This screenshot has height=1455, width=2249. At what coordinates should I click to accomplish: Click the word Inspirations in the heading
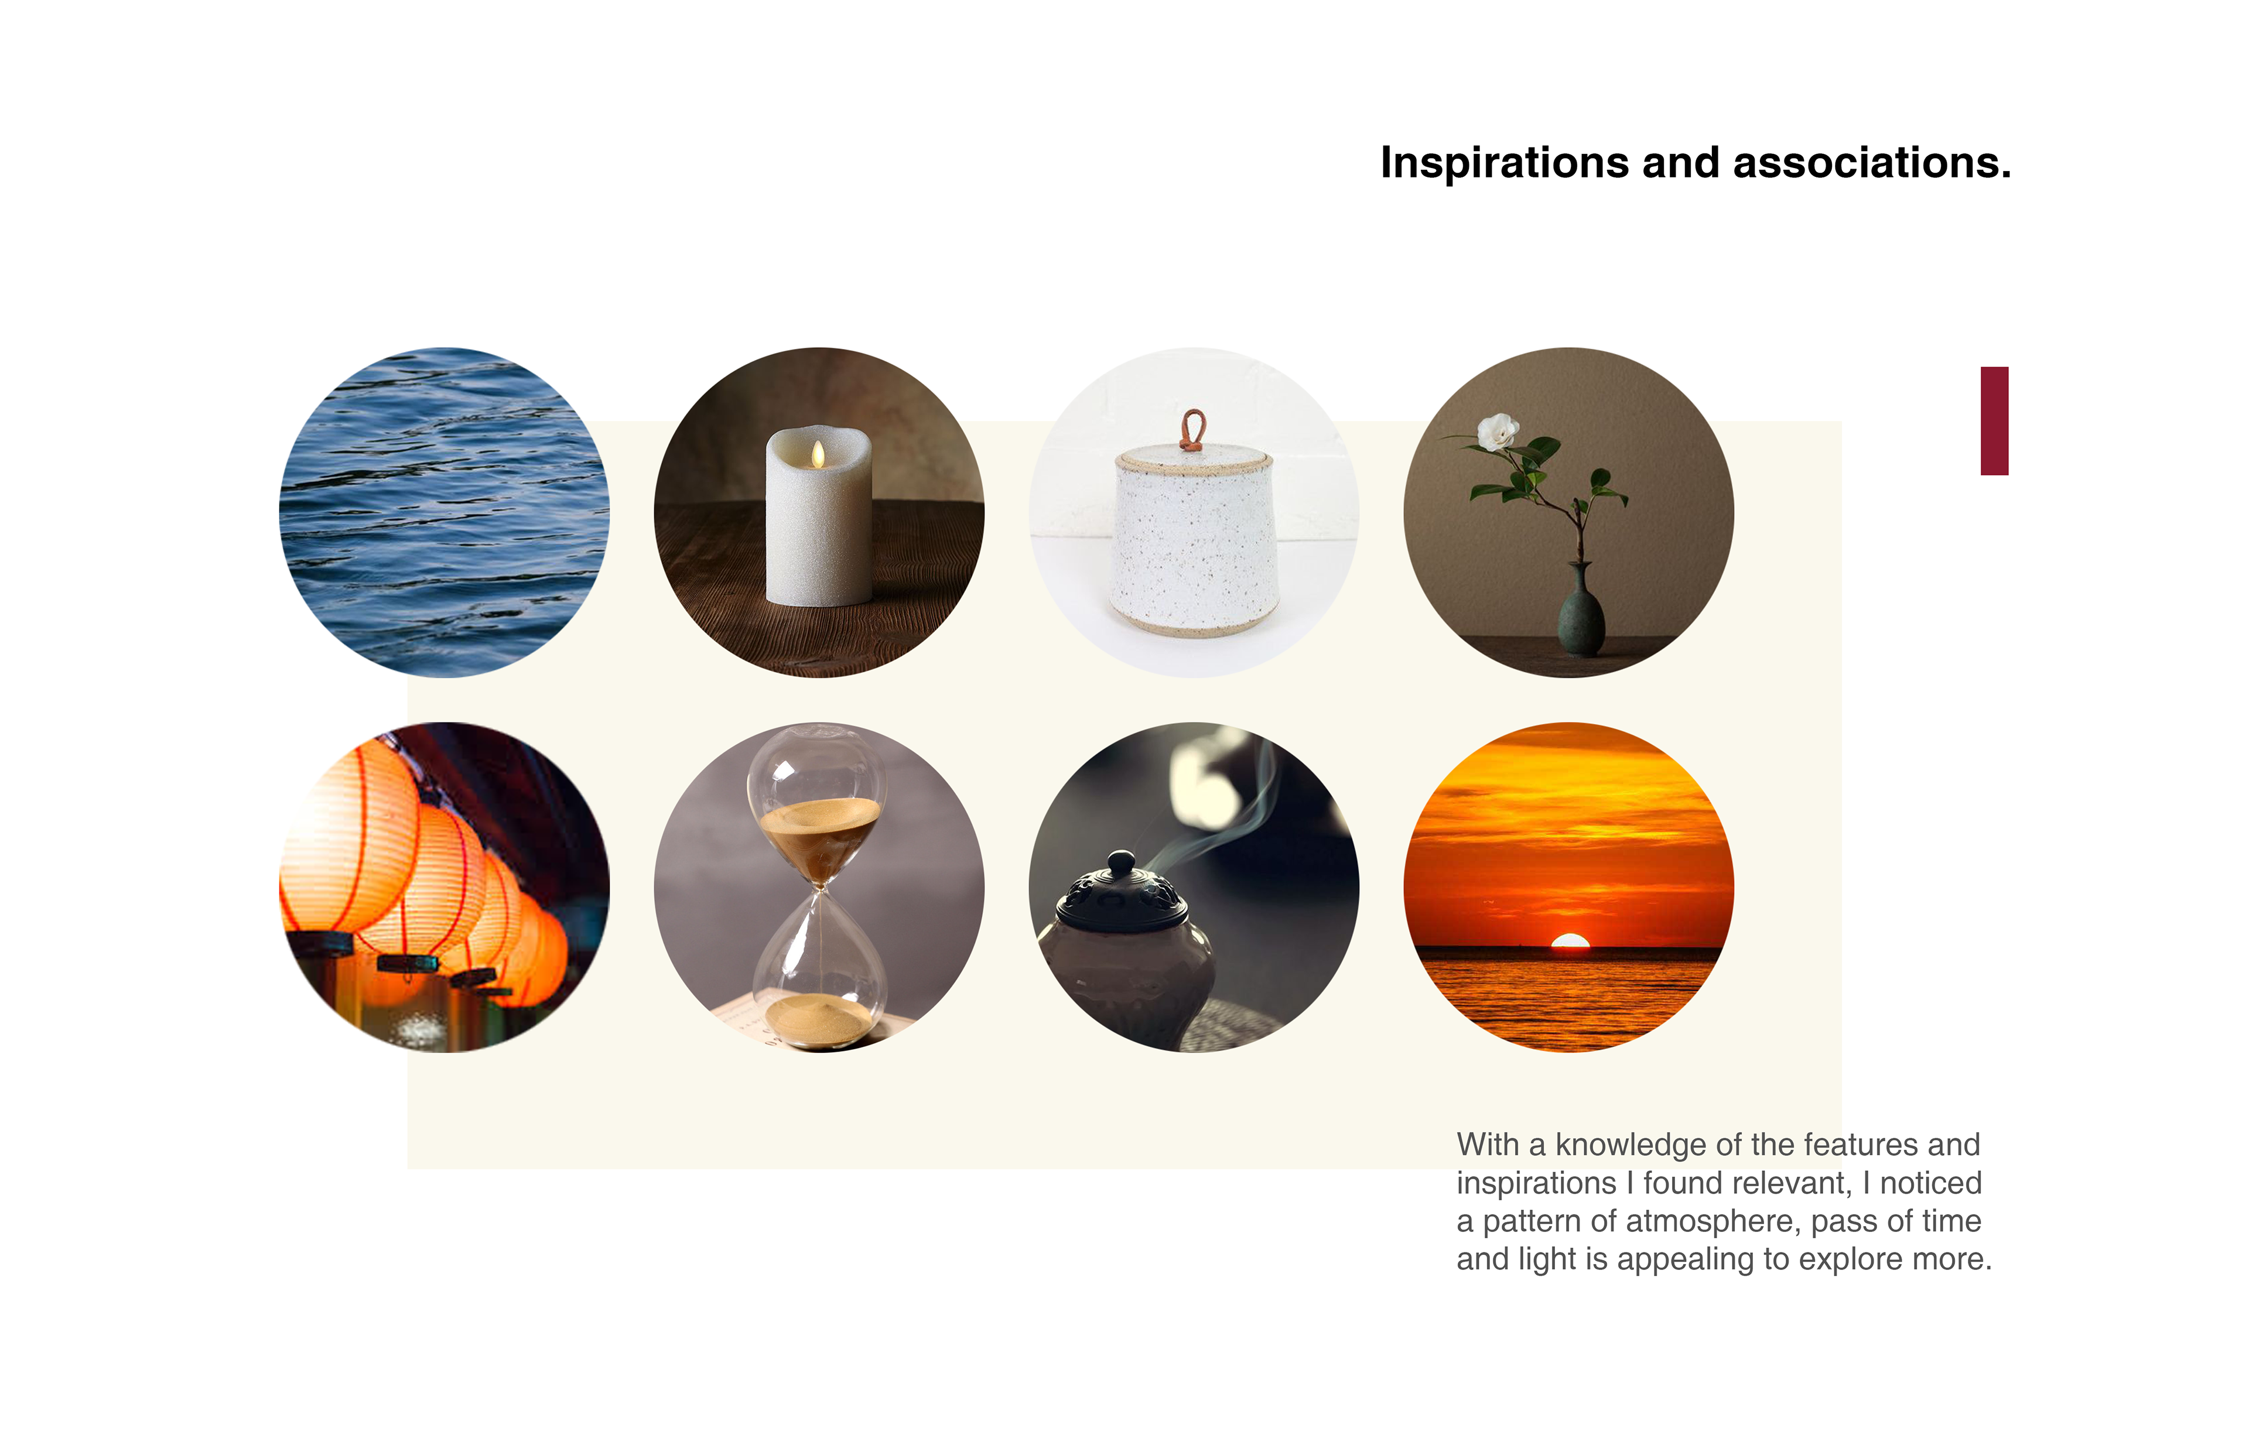click(1505, 163)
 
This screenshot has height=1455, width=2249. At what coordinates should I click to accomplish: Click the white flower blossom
click(1497, 432)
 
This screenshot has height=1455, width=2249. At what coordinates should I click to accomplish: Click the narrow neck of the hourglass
click(821, 888)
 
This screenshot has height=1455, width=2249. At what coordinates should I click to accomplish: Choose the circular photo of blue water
click(444, 512)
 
